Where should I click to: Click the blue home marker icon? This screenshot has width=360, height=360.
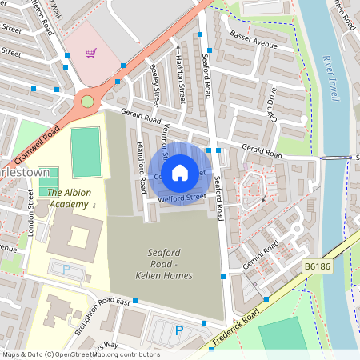click(180, 172)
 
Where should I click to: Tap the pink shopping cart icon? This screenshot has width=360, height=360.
click(91, 54)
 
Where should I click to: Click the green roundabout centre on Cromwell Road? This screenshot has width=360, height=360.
click(86, 102)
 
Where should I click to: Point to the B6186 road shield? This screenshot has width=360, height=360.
click(317, 266)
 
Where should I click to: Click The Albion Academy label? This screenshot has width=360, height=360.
click(67, 198)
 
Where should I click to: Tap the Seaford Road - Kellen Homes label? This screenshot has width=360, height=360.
click(170, 265)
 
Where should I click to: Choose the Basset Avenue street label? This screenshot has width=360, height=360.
click(253, 41)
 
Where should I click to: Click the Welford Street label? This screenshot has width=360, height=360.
click(177, 195)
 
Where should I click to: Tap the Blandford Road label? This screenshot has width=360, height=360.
click(142, 166)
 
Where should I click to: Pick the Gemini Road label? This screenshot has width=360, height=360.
click(262, 255)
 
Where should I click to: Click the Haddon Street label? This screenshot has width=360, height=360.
click(181, 81)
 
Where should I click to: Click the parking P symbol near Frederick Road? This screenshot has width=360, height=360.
click(179, 330)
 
